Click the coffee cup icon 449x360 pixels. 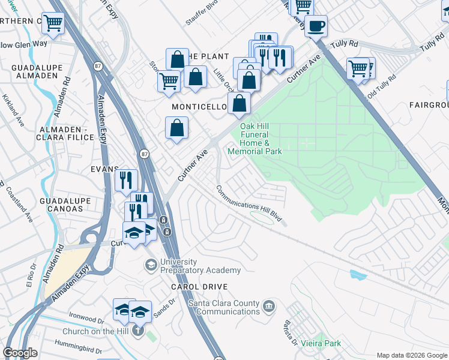316,26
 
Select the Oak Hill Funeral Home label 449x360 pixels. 255,139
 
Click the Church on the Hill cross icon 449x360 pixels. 139,330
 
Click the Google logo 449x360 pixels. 20,353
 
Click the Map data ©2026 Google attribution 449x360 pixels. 412,355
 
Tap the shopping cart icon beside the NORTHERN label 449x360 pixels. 53,24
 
